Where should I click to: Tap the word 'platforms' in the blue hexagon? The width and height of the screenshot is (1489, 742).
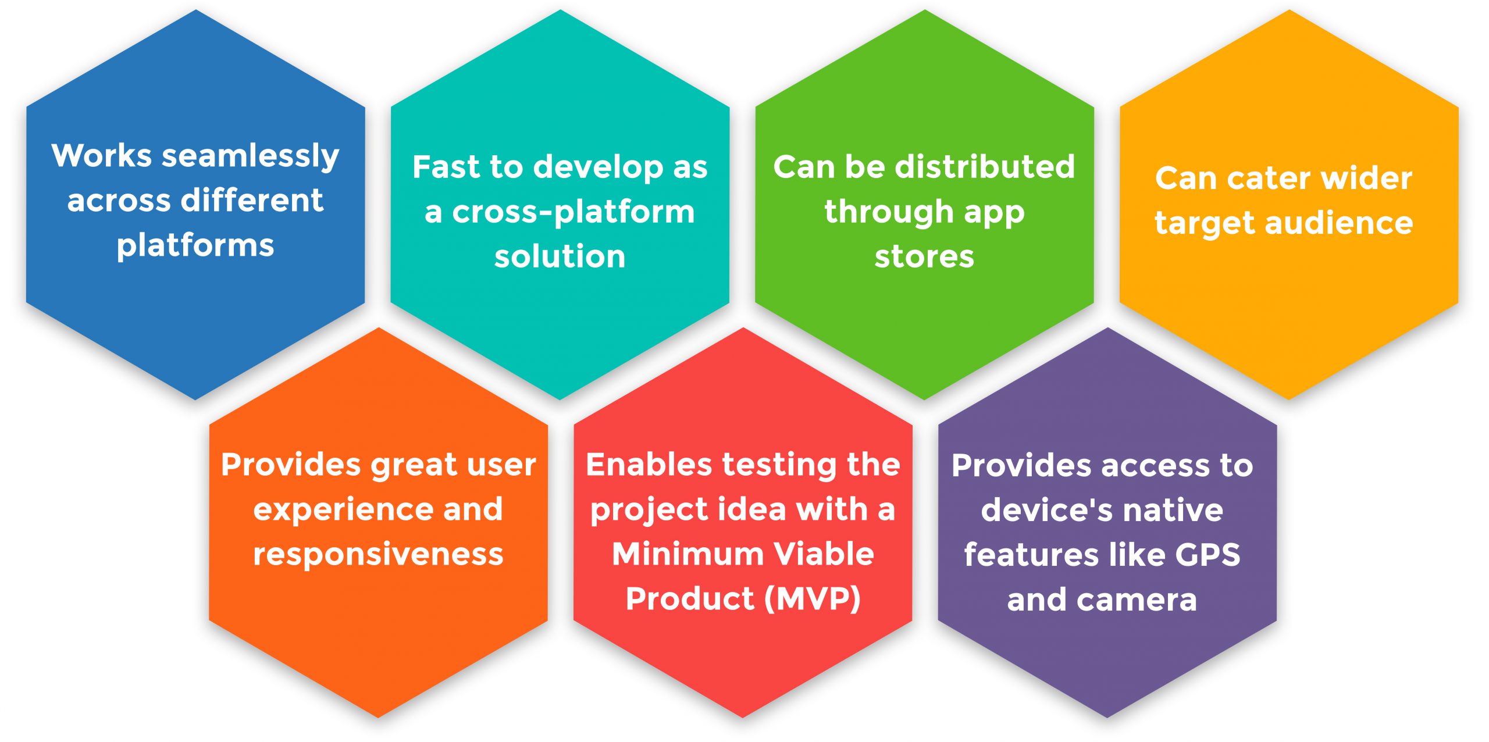pos(195,246)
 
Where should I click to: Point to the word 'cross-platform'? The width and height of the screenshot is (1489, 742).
pos(573,212)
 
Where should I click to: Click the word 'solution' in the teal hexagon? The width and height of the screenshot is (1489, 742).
pos(560,256)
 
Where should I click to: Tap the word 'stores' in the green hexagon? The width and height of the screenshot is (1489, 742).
pos(924,256)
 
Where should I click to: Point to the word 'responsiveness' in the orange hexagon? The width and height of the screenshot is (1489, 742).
pos(378,555)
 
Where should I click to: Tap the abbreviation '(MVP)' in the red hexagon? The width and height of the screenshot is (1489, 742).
pos(813,599)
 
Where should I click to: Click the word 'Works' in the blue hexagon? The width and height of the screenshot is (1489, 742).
pos(102,156)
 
